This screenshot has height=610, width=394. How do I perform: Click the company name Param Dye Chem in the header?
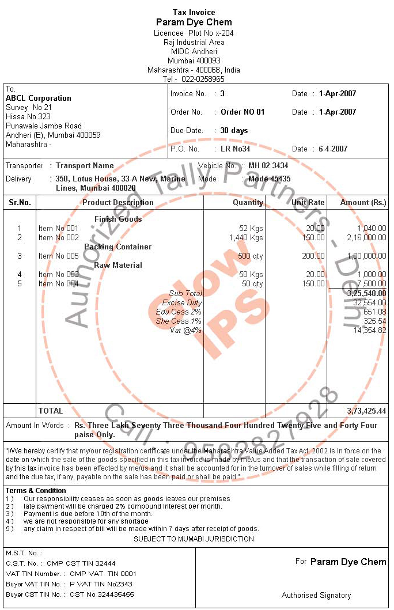click(194, 22)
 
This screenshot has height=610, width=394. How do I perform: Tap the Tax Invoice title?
click(194, 12)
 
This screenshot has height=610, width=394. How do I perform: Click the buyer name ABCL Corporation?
click(39, 98)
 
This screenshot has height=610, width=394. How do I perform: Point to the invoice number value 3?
click(223, 93)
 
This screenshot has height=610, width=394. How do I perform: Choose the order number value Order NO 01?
click(243, 112)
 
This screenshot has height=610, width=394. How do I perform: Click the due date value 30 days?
click(234, 130)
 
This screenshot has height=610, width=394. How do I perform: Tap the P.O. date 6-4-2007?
click(334, 149)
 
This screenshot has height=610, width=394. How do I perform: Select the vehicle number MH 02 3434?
click(268, 166)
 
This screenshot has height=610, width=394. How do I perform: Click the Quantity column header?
click(248, 202)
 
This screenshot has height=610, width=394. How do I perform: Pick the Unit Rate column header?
click(308, 202)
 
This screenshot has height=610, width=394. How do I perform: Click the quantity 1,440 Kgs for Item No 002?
click(246, 237)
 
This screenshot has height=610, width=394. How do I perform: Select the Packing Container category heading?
click(118, 247)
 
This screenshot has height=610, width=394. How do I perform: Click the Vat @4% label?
click(185, 330)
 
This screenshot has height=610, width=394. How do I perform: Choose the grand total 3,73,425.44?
click(366, 411)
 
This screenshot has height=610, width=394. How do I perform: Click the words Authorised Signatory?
click(316, 595)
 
